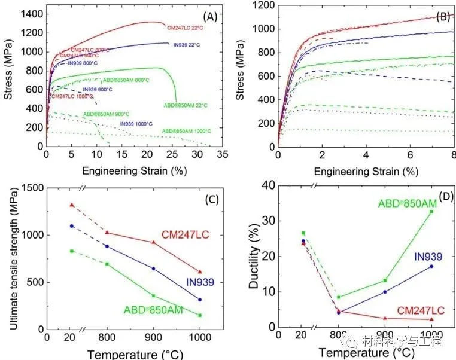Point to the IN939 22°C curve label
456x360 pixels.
pyautogui.click(x=187, y=45)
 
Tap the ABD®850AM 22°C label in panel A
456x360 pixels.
pyautogui.click(x=185, y=105)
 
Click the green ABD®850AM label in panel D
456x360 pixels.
pyautogui.click(x=407, y=204)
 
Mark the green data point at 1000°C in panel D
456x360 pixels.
pyautogui.click(x=431, y=212)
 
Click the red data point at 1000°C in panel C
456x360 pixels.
pyautogui.click(x=200, y=272)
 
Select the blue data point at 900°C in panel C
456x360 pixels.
pyautogui.click(x=153, y=269)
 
